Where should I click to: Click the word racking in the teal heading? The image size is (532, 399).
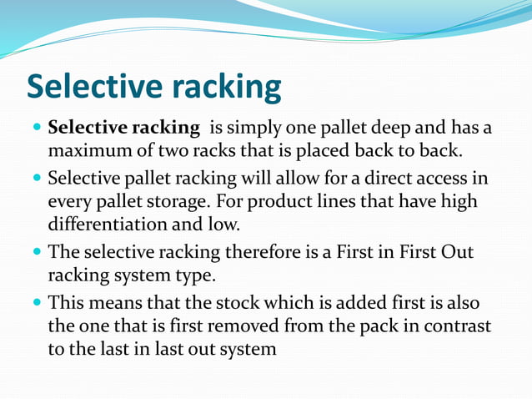pyautogui.click(x=226, y=88)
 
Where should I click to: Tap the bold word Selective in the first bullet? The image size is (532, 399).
pyautogui.click(x=87, y=129)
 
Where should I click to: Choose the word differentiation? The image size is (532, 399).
pyautogui.click(x=112, y=225)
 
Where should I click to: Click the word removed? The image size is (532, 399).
pyautogui.click(x=273, y=326)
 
